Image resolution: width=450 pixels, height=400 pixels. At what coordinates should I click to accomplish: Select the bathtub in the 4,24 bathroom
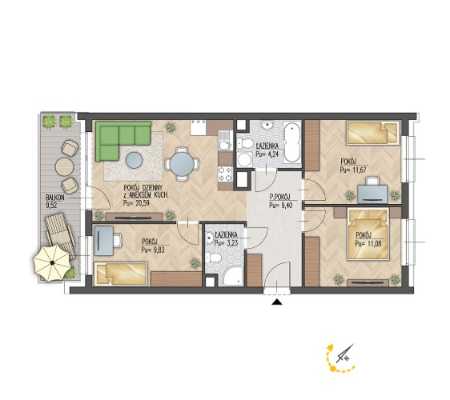click(x=292, y=142)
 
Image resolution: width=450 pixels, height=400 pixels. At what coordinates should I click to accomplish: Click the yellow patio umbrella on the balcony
click(x=52, y=262)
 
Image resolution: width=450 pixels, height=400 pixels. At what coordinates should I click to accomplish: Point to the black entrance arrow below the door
click(x=277, y=302)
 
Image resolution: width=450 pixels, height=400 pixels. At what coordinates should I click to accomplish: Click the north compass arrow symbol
click(x=346, y=354)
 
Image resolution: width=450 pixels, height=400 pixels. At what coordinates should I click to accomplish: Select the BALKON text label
click(x=55, y=198)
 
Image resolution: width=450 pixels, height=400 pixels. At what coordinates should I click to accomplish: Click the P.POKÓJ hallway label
click(x=280, y=198)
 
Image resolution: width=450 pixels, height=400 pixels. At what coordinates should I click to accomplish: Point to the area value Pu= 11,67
click(x=353, y=170)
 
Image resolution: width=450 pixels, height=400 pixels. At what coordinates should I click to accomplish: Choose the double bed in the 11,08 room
click(x=368, y=234)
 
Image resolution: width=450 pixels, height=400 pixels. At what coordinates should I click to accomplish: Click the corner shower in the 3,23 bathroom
click(x=233, y=277)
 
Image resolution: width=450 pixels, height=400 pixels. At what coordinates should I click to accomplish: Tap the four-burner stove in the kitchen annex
click(x=225, y=174)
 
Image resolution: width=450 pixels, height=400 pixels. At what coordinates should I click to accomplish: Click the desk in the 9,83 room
click(x=103, y=241)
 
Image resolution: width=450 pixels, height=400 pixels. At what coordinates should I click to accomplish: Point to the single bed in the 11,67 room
click(x=373, y=133)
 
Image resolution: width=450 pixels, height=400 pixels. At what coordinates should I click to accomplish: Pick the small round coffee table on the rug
click(x=134, y=160)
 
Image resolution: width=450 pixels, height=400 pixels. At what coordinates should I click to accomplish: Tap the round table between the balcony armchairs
click(x=65, y=166)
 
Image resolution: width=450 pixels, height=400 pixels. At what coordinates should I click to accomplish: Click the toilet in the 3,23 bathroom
click(x=214, y=258)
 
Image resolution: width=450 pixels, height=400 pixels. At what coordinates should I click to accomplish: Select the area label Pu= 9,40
click(x=281, y=205)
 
